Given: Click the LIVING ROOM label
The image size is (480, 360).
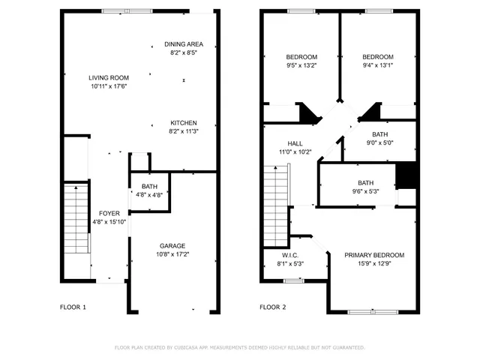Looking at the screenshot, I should point(109,77).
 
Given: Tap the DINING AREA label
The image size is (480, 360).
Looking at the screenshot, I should point(184,44).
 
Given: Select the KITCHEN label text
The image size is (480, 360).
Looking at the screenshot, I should point(184,123).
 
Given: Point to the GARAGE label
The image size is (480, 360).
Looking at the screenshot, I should point(172,246).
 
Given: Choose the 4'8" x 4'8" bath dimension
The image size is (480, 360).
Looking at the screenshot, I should point(149,195).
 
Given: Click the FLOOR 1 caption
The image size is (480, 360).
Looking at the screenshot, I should point(73,307).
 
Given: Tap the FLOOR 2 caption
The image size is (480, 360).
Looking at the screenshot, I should point(274,307).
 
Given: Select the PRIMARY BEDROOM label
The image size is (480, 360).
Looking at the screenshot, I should point(374,255).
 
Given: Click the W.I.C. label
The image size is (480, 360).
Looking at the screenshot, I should point(289,255).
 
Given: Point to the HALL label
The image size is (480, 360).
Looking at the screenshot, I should point(295,143).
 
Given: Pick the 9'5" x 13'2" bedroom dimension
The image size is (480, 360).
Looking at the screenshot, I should point(301,65).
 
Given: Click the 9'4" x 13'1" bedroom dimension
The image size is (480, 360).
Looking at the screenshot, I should point(377,65).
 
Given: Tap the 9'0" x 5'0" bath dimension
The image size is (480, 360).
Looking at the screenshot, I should point(379,143).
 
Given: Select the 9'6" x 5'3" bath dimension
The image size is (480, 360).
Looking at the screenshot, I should point(365,191).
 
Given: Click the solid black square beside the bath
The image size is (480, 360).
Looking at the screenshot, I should point(406,175).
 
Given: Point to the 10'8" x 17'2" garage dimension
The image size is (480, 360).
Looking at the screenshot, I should point(172,254).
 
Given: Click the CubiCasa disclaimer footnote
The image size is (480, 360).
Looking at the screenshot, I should point(239,348).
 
